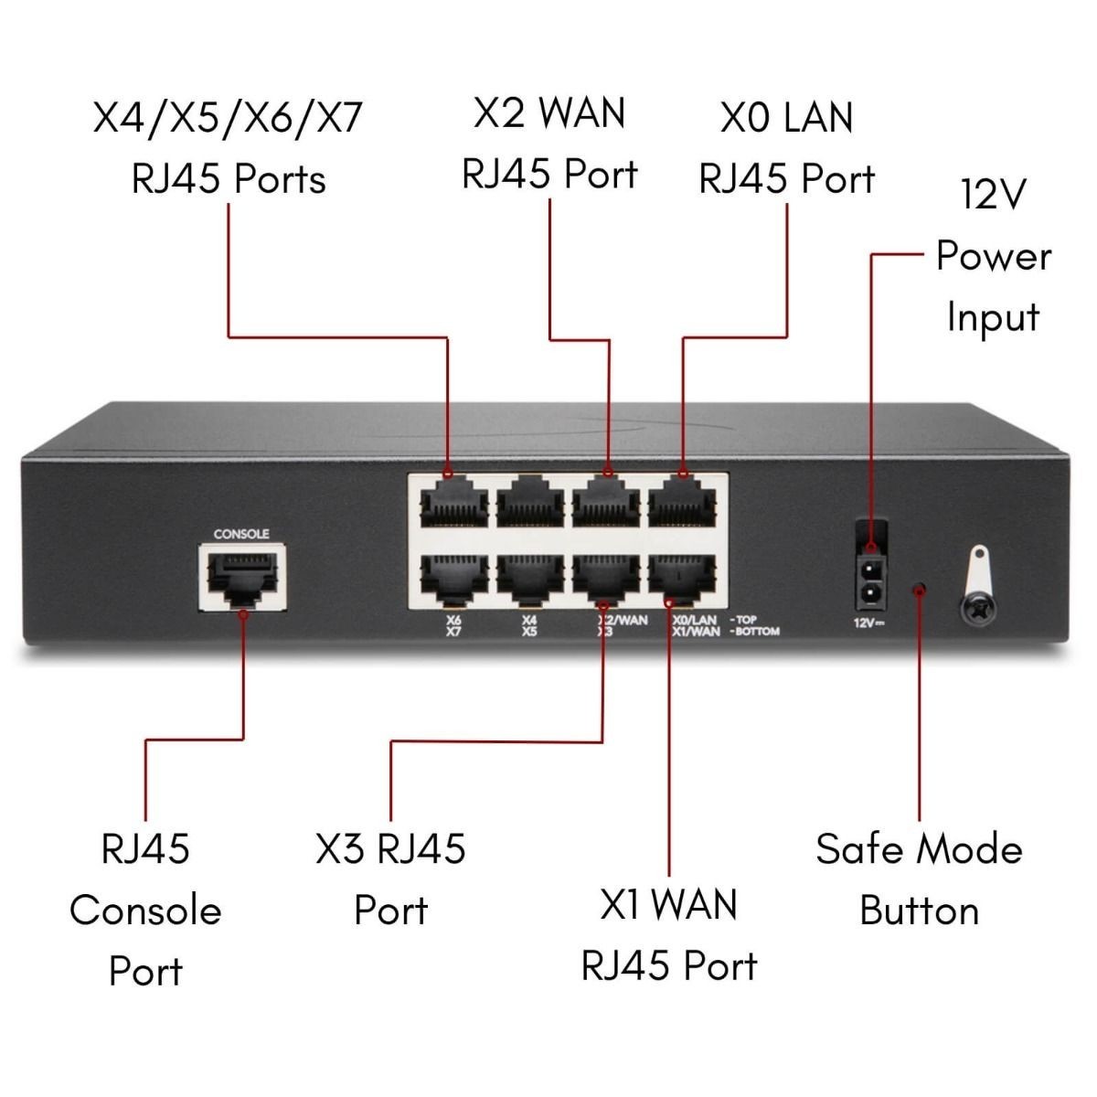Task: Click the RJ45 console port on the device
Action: coord(241,579)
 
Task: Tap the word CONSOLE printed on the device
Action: coord(241,534)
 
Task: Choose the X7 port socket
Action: coord(454,578)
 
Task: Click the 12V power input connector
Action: coord(871,572)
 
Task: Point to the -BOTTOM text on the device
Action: coord(755,632)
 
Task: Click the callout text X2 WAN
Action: coord(549,112)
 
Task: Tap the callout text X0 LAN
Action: coord(786,118)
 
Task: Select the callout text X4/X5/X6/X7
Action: coord(229,118)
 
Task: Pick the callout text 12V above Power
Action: coord(993,194)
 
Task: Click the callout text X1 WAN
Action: coord(668,905)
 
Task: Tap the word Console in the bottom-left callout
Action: coord(145,911)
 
